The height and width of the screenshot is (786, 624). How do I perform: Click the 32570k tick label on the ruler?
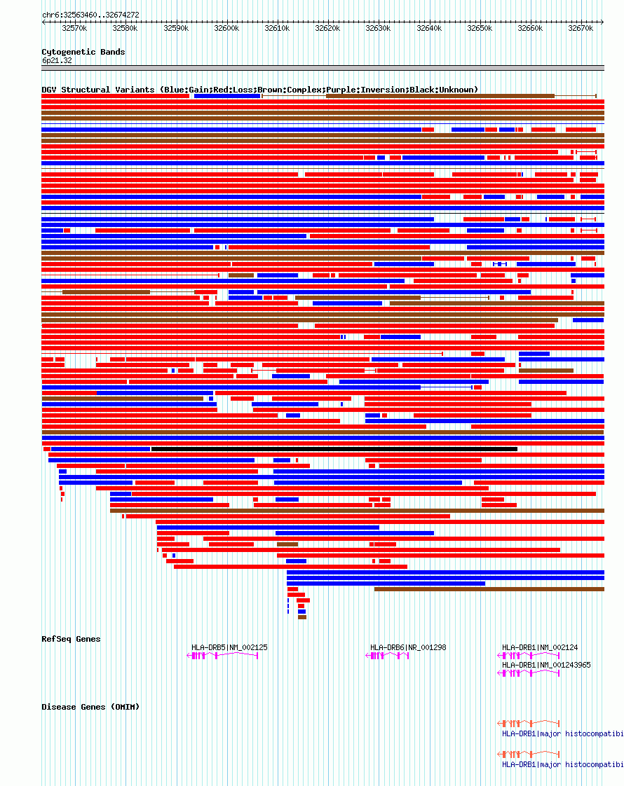click(x=74, y=28)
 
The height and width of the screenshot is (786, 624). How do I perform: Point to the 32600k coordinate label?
click(x=226, y=28)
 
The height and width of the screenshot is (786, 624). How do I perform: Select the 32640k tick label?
click(x=429, y=28)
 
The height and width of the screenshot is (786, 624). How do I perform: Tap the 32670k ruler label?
click(x=581, y=28)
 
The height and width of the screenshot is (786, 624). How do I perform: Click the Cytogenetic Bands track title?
click(x=83, y=52)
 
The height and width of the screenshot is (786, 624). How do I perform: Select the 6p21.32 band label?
click(x=57, y=61)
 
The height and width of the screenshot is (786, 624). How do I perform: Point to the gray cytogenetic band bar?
click(x=323, y=68)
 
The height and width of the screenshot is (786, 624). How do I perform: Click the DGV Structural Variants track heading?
click(x=259, y=90)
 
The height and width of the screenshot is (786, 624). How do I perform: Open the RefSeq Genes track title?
click(x=71, y=639)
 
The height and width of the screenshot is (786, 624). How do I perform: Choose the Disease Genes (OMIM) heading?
click(x=90, y=707)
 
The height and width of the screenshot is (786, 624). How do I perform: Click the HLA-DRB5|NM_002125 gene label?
click(x=229, y=647)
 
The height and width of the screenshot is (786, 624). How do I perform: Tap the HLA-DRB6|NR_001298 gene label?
click(x=408, y=647)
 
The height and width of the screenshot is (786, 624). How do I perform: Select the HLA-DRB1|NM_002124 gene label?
click(x=540, y=647)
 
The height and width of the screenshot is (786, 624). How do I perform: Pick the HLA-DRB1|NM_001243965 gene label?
click(x=546, y=665)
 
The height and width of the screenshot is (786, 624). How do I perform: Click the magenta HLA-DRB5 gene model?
click(x=224, y=656)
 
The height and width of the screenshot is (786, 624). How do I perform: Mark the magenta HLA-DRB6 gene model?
click(x=388, y=656)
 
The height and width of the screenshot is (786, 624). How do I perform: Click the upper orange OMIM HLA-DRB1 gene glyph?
click(x=529, y=722)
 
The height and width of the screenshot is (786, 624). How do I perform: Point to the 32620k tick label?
click(x=327, y=28)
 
